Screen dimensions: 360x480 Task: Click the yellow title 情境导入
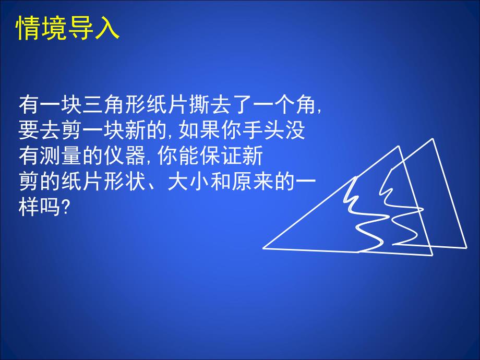point(68,29)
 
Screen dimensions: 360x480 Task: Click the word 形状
point(137,180)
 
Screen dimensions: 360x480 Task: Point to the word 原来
point(259,180)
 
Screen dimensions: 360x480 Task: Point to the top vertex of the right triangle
point(433,139)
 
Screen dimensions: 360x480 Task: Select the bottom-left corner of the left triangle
point(263,248)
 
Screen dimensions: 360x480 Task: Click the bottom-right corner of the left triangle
point(433,255)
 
